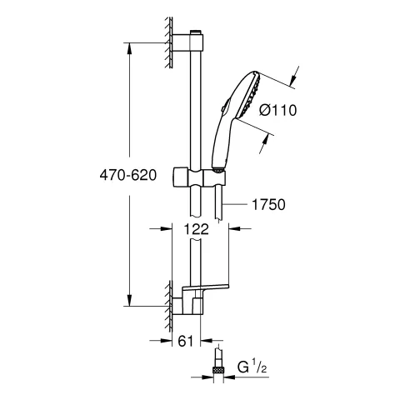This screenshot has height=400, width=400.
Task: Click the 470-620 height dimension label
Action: click(128, 175)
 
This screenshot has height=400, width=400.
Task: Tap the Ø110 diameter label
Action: click(278, 110)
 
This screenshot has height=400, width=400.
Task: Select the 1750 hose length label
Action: click(268, 205)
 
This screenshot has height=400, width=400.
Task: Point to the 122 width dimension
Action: click(196, 229)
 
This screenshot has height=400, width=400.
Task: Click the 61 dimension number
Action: click(186, 341)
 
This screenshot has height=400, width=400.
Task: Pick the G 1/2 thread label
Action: click(252, 367)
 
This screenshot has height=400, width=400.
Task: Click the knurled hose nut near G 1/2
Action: click(217, 370)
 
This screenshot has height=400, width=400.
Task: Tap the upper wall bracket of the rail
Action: click(188, 42)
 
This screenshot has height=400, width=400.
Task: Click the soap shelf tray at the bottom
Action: click(205, 287)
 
